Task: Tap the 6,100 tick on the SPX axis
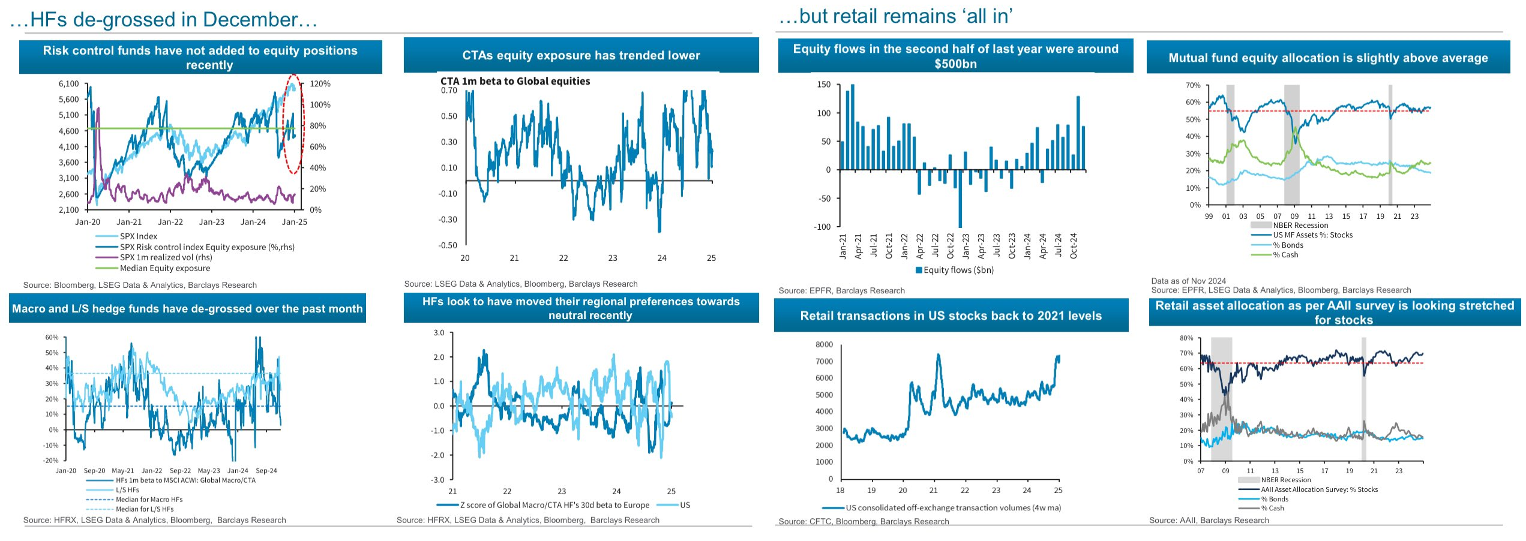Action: click(x=68, y=84)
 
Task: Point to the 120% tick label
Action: click(x=320, y=84)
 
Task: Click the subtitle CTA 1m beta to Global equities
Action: click(x=515, y=82)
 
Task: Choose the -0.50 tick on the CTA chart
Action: click(x=449, y=245)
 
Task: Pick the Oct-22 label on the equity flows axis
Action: click(x=950, y=246)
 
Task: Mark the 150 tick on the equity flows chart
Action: click(x=824, y=85)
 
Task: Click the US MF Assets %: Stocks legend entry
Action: click(x=1312, y=235)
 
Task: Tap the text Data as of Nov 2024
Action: click(x=1188, y=281)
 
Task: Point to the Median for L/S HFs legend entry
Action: click(x=145, y=509)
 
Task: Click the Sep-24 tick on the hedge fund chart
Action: click(x=266, y=471)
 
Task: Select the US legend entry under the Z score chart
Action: click(x=685, y=505)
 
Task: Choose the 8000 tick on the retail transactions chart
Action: click(x=824, y=344)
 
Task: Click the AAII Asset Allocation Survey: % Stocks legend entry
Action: click(x=1319, y=489)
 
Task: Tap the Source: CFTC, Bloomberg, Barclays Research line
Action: click(x=864, y=521)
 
